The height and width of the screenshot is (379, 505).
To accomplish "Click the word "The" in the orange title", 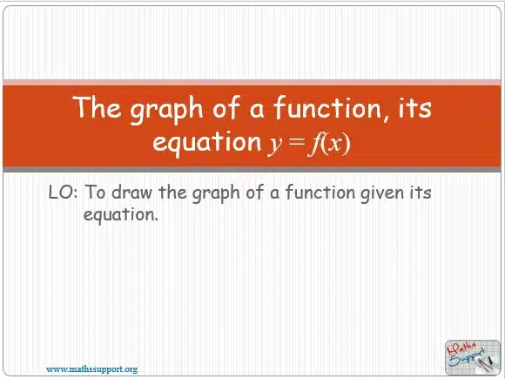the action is click(98, 106).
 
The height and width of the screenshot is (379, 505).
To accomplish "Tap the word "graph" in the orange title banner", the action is click(166, 110).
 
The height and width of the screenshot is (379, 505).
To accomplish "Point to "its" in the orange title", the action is click(414, 107).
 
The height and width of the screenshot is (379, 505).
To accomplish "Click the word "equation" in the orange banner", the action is click(206, 142).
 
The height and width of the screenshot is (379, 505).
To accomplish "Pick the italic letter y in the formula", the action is click(275, 145).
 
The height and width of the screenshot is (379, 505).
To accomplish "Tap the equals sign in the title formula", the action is click(297, 142).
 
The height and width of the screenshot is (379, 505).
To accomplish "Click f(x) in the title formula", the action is click(329, 144).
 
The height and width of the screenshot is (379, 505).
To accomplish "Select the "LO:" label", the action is click(63, 193).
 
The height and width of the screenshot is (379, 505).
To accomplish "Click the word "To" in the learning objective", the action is click(95, 192).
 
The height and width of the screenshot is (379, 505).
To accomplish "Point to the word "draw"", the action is click(132, 192).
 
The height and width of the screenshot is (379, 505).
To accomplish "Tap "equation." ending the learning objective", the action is click(121, 215).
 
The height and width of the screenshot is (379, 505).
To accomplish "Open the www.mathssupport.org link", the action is click(91, 369).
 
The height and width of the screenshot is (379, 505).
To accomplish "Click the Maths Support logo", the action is click(472, 357).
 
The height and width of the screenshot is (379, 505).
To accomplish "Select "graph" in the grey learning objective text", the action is click(216, 194).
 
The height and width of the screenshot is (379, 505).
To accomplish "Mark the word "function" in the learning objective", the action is click(320, 192).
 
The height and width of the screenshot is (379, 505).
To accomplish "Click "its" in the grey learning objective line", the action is click(421, 193).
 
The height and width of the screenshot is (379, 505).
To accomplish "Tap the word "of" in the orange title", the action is click(226, 107).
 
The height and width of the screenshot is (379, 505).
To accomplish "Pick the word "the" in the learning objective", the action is click(172, 192).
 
